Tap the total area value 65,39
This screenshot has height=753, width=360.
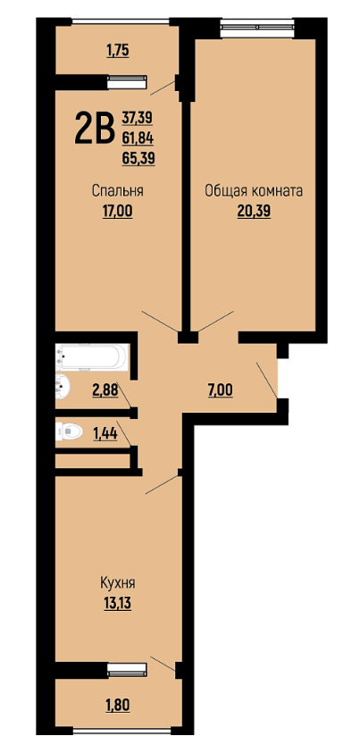[x=138, y=158]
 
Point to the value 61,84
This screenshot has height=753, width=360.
[x=138, y=138]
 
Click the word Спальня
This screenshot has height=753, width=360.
[x=118, y=191]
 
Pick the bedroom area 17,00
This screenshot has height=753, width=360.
[x=118, y=212]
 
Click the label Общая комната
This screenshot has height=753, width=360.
[x=254, y=191]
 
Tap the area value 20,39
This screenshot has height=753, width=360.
[x=254, y=212]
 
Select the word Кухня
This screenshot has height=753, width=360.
[x=118, y=583]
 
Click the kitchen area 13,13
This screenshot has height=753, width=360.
[x=118, y=603]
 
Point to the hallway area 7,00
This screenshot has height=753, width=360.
[x=222, y=391]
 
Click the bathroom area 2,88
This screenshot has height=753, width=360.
[x=105, y=391]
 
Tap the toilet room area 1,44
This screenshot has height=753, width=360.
[x=105, y=434]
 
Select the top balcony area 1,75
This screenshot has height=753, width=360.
[x=118, y=51]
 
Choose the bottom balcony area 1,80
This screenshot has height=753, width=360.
[x=118, y=705]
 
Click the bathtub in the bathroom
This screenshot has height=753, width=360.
[x=91, y=356]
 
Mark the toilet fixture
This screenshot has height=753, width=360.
[x=69, y=432]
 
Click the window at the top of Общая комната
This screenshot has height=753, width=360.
[x=257, y=27]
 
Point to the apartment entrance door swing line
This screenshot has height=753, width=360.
[x=267, y=381]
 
